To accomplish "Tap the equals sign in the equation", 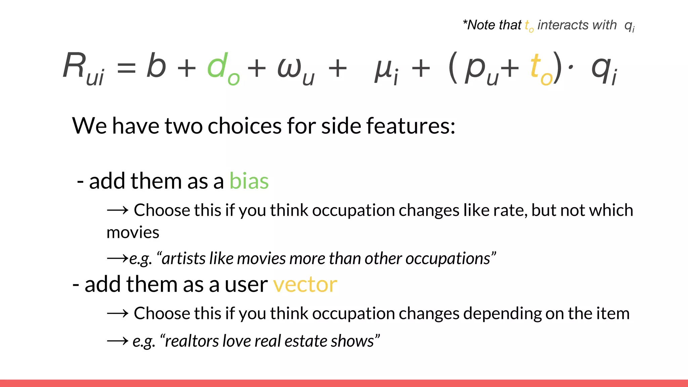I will [x=126, y=68].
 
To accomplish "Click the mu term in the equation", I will [x=383, y=69].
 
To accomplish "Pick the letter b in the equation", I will [x=156, y=66].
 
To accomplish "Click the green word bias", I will [x=249, y=181].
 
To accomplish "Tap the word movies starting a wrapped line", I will [x=133, y=232].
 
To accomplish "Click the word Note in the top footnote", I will [x=482, y=25].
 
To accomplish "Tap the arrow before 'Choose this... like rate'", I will [x=118, y=211].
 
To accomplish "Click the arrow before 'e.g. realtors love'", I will [x=118, y=341].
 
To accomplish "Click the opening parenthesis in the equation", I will [x=453, y=68].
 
